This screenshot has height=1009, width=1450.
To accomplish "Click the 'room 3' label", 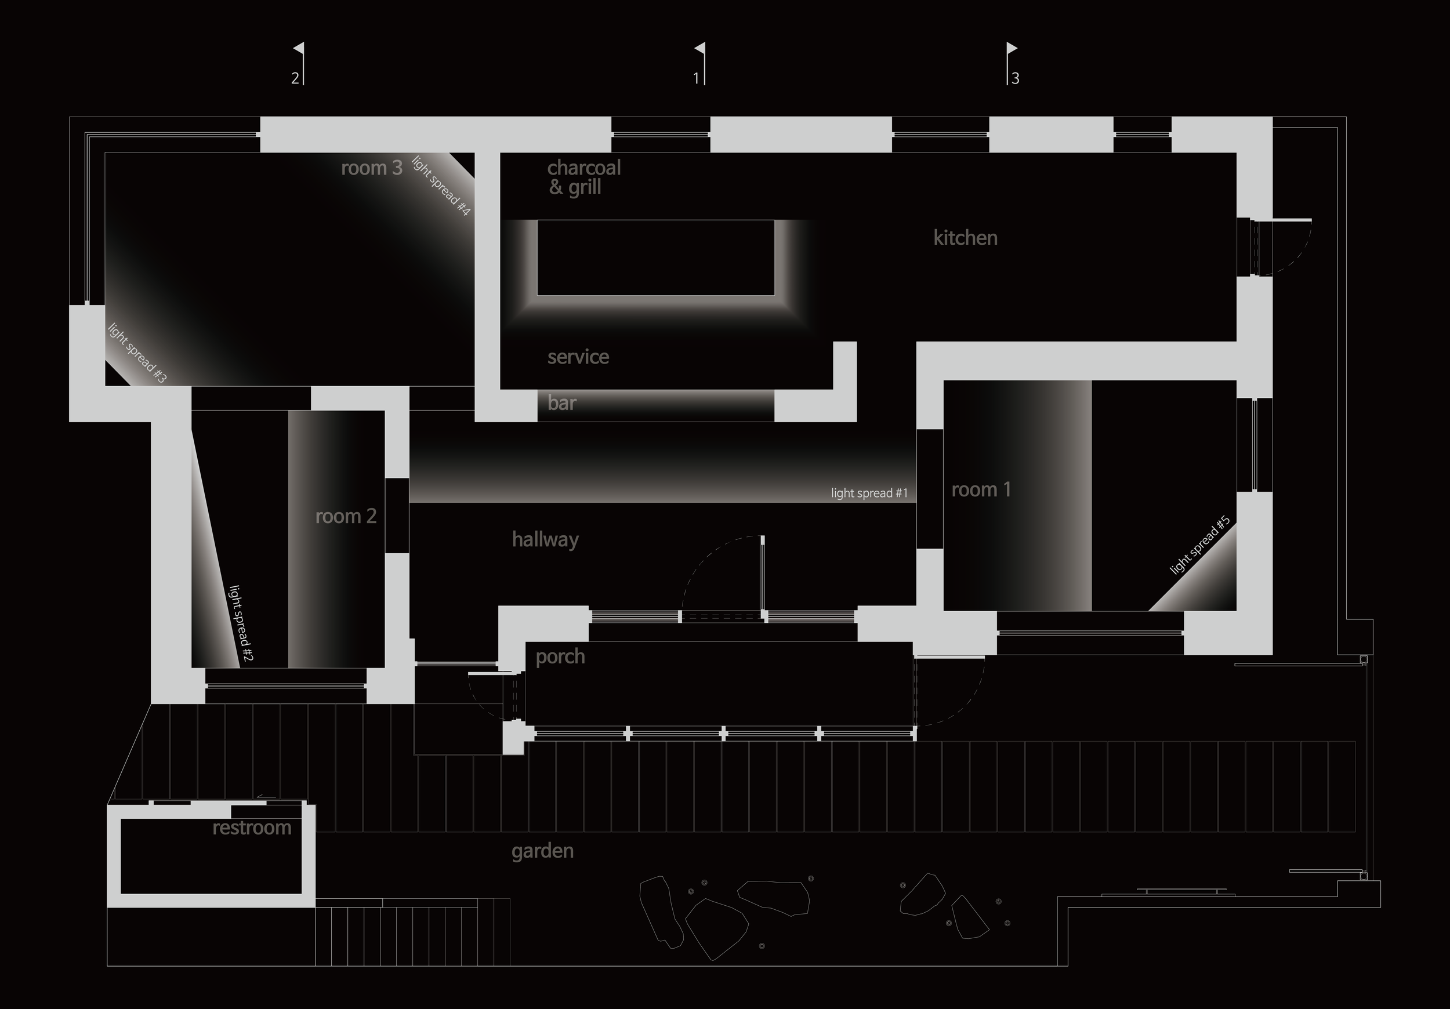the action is click(x=371, y=168).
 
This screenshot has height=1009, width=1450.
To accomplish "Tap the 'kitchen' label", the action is click(x=965, y=238).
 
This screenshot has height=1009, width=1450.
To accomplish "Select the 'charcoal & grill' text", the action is click(x=583, y=177).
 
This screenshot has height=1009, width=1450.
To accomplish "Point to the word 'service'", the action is click(x=578, y=357).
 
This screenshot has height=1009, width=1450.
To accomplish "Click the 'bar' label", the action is click(x=561, y=404).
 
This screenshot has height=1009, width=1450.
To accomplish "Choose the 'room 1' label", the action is click(x=981, y=490).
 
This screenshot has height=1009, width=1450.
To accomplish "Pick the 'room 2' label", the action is click(x=346, y=517).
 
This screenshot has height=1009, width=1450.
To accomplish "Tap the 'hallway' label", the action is click(x=545, y=540).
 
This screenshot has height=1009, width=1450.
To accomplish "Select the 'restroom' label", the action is click(x=251, y=827).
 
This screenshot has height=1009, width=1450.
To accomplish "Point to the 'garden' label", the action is click(x=542, y=851).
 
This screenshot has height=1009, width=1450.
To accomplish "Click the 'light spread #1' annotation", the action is click(x=869, y=493).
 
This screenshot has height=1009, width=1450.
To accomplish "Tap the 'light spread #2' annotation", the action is click(x=241, y=623).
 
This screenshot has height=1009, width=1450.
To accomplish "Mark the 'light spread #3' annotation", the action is click(x=137, y=353).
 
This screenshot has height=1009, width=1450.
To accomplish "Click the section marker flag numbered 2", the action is click(x=299, y=49).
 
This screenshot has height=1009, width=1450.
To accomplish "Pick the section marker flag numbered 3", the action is click(x=1011, y=49).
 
